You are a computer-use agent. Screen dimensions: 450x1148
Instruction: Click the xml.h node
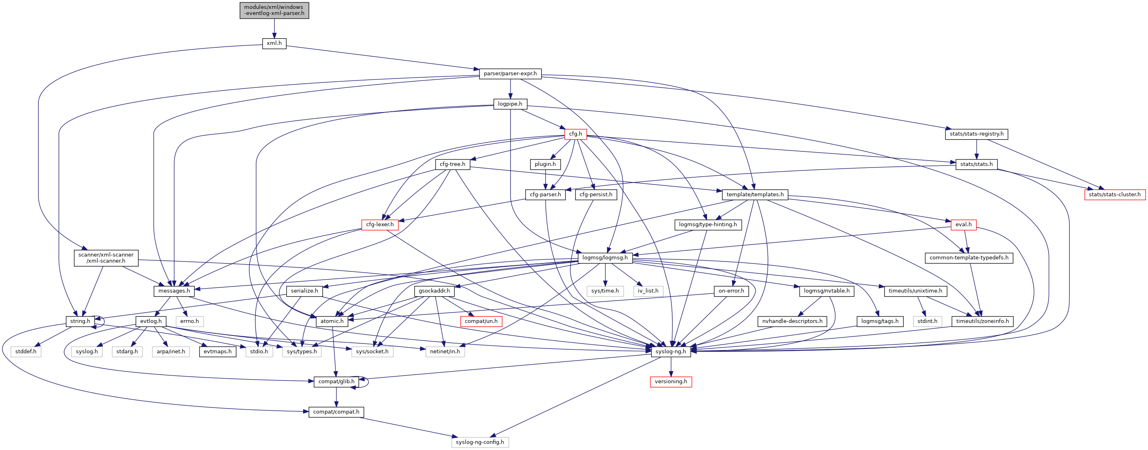click(274, 43)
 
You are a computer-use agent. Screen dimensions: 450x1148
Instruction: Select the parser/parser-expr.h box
click(510, 74)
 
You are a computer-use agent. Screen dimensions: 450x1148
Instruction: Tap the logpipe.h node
click(510, 104)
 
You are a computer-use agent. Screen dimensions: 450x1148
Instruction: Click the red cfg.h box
click(575, 134)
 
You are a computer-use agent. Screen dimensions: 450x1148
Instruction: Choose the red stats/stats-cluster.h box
click(1114, 195)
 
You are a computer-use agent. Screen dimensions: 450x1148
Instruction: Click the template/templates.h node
click(755, 195)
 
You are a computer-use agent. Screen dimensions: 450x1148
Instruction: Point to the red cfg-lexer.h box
click(380, 224)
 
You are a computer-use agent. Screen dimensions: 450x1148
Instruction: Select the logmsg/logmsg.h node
click(605, 258)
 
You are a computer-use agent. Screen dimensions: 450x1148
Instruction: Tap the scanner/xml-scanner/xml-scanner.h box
click(106, 258)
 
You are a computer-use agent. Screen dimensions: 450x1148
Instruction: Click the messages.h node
click(174, 291)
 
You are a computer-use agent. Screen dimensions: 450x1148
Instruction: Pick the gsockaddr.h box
click(434, 291)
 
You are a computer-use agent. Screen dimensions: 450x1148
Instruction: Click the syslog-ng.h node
click(671, 351)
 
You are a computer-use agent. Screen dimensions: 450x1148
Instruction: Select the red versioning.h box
click(671, 382)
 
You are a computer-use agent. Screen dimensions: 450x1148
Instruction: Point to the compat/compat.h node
click(336, 412)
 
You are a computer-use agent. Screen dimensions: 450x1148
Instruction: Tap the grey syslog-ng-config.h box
click(479, 442)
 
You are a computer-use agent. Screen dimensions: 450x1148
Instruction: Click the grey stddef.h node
click(26, 351)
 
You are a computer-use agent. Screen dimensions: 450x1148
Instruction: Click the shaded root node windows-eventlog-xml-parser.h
click(274, 10)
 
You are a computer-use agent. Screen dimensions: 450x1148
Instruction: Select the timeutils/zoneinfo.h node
click(982, 321)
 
